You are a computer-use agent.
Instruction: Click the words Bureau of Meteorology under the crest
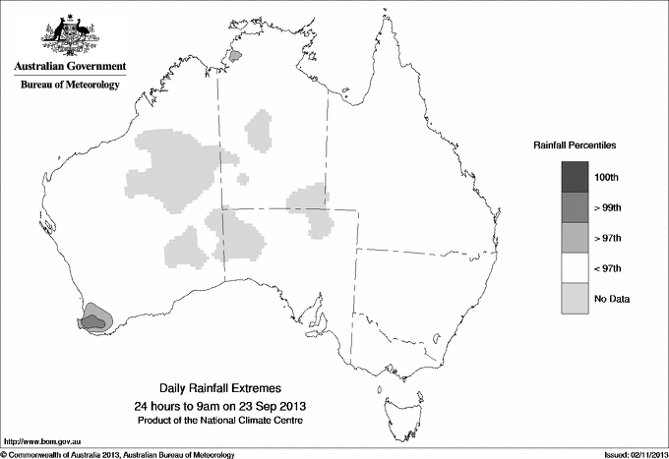pos(70,85)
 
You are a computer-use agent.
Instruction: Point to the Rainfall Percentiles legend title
pos(575,145)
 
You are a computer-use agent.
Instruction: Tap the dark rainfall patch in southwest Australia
pos(94,318)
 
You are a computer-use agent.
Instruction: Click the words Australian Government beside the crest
pos(70,67)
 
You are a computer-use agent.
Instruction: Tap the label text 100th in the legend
pos(607,177)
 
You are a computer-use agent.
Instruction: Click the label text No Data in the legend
pos(611,298)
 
